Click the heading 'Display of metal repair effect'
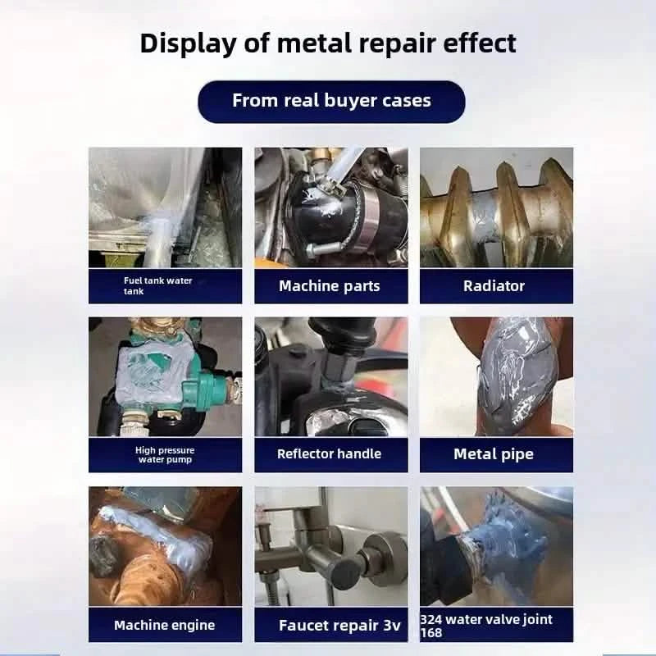[x=328, y=43]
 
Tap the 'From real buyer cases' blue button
[x=331, y=101]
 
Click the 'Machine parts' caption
[x=330, y=285]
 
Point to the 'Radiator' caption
[x=494, y=285]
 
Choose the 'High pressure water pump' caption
[x=165, y=454]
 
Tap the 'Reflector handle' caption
[x=330, y=453]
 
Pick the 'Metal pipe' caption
[x=494, y=453]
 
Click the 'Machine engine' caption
[x=165, y=625]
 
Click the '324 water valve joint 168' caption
[x=492, y=625]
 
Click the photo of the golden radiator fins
[x=496, y=207]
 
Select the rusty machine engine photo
[x=165, y=545]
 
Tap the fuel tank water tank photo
[x=165, y=207]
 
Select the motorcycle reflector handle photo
[x=330, y=377]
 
